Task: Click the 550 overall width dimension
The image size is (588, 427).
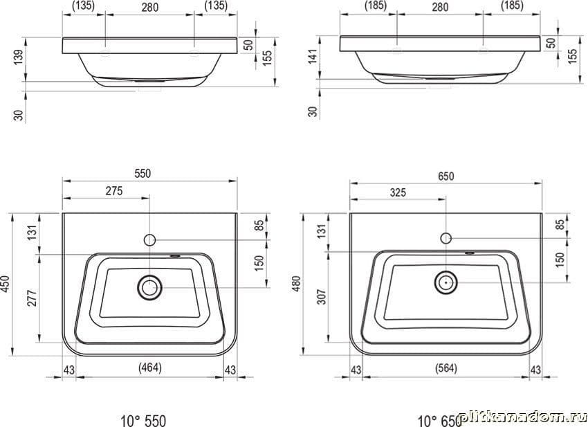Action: [x=143, y=173]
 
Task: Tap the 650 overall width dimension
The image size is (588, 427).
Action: [x=445, y=176]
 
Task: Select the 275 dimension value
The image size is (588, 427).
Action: [x=114, y=190]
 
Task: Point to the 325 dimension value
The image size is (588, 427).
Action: [x=398, y=192]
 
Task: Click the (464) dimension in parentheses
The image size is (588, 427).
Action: [x=150, y=367]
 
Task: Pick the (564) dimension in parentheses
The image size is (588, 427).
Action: [x=446, y=368]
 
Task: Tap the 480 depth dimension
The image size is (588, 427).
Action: [x=297, y=284]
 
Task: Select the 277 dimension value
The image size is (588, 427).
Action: [x=33, y=298]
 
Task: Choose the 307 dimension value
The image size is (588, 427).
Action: [x=322, y=296]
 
